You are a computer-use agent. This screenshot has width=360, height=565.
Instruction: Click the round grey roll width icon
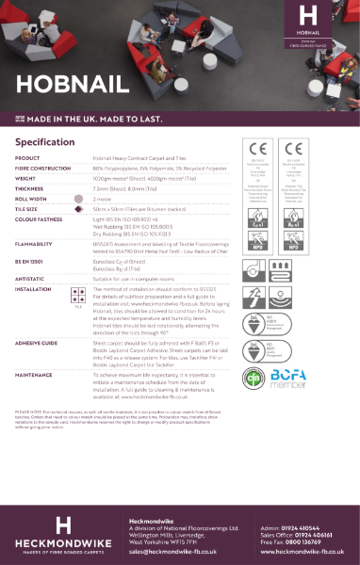pos(79,198)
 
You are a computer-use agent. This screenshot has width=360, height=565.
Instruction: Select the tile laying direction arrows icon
pos(79,296)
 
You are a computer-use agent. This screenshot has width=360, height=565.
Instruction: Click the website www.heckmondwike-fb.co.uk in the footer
pos(304,553)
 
